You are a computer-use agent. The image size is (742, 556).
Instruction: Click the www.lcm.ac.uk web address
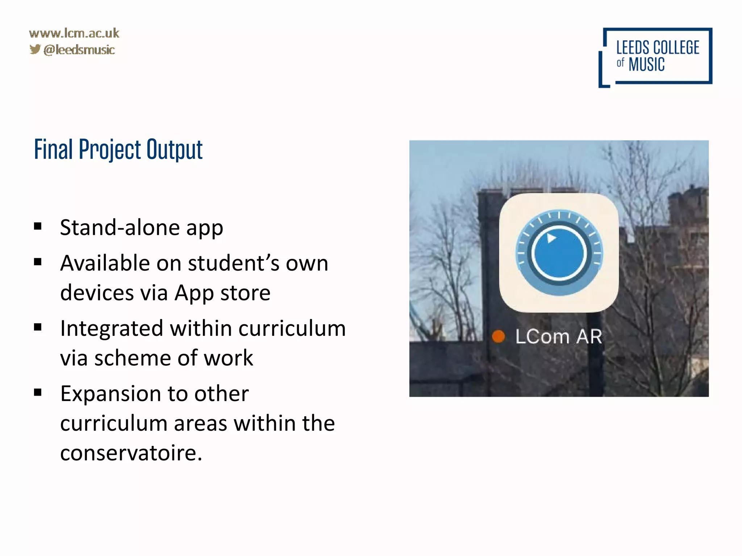click(x=74, y=33)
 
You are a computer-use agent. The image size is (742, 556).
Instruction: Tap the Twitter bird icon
click(x=35, y=49)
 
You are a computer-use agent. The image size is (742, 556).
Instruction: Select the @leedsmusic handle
click(x=79, y=50)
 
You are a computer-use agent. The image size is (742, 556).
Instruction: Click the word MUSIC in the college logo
click(x=646, y=65)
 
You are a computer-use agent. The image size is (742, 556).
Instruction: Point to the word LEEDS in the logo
click(x=633, y=48)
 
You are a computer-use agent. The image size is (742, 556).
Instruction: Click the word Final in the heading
click(x=53, y=149)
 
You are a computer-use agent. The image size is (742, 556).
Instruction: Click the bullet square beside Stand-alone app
click(x=38, y=227)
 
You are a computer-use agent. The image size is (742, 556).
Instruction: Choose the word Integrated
click(x=112, y=329)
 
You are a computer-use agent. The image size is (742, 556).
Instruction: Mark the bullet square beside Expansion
click(x=38, y=392)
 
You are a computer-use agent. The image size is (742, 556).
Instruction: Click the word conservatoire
click(x=131, y=453)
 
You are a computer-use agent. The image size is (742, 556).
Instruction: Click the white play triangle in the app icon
click(x=551, y=238)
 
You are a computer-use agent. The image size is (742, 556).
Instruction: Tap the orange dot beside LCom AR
click(x=499, y=336)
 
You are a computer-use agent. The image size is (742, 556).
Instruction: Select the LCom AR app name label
click(x=558, y=336)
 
